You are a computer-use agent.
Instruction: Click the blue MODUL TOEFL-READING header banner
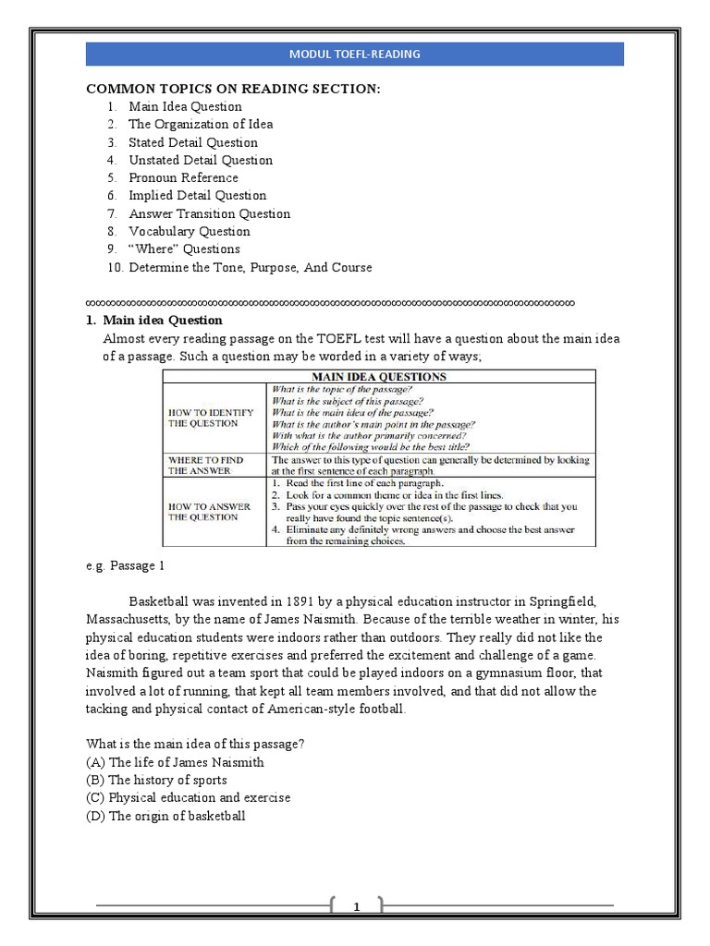pos(355,54)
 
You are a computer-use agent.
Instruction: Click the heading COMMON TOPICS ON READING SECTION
pos(233,88)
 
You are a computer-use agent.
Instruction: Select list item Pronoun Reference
pos(183,177)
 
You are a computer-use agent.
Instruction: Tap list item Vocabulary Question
pos(190,231)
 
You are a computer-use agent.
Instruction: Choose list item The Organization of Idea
pos(201,124)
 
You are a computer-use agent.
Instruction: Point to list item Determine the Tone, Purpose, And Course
pos(251,267)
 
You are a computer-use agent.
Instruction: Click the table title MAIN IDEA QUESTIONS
pos(378,376)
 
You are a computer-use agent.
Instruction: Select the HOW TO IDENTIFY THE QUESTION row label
pos(209,418)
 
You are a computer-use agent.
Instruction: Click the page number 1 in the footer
pos(356,908)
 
